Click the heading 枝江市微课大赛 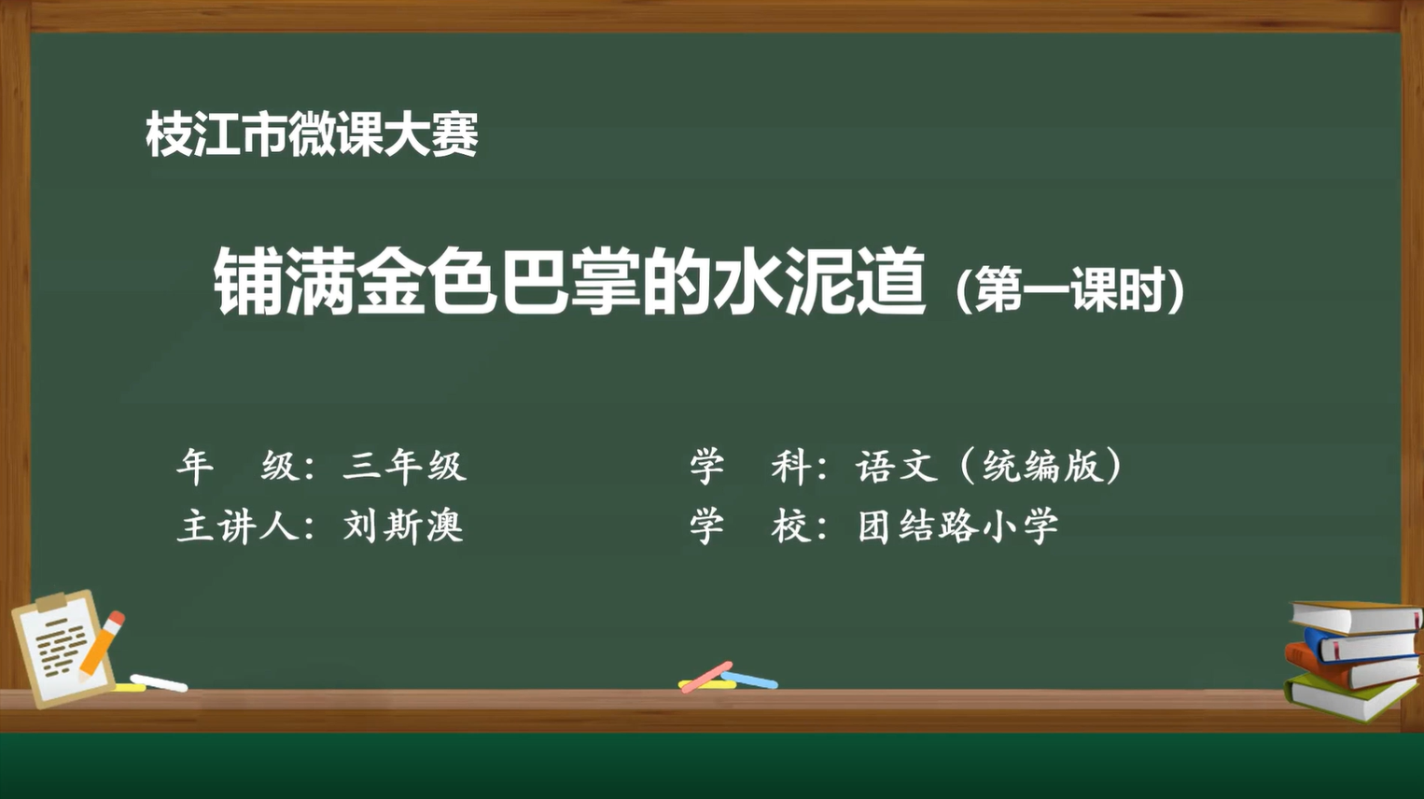point(312,134)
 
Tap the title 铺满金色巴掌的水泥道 point(569,281)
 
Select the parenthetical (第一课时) point(1070,290)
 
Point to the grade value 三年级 point(404,466)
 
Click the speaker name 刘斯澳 point(403,526)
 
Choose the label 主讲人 point(238,526)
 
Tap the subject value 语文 point(897,466)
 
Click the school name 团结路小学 point(958,526)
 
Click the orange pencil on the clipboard point(102,644)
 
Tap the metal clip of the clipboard point(52,602)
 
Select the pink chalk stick point(706,677)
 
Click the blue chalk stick point(749,680)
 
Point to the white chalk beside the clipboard point(159,682)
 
